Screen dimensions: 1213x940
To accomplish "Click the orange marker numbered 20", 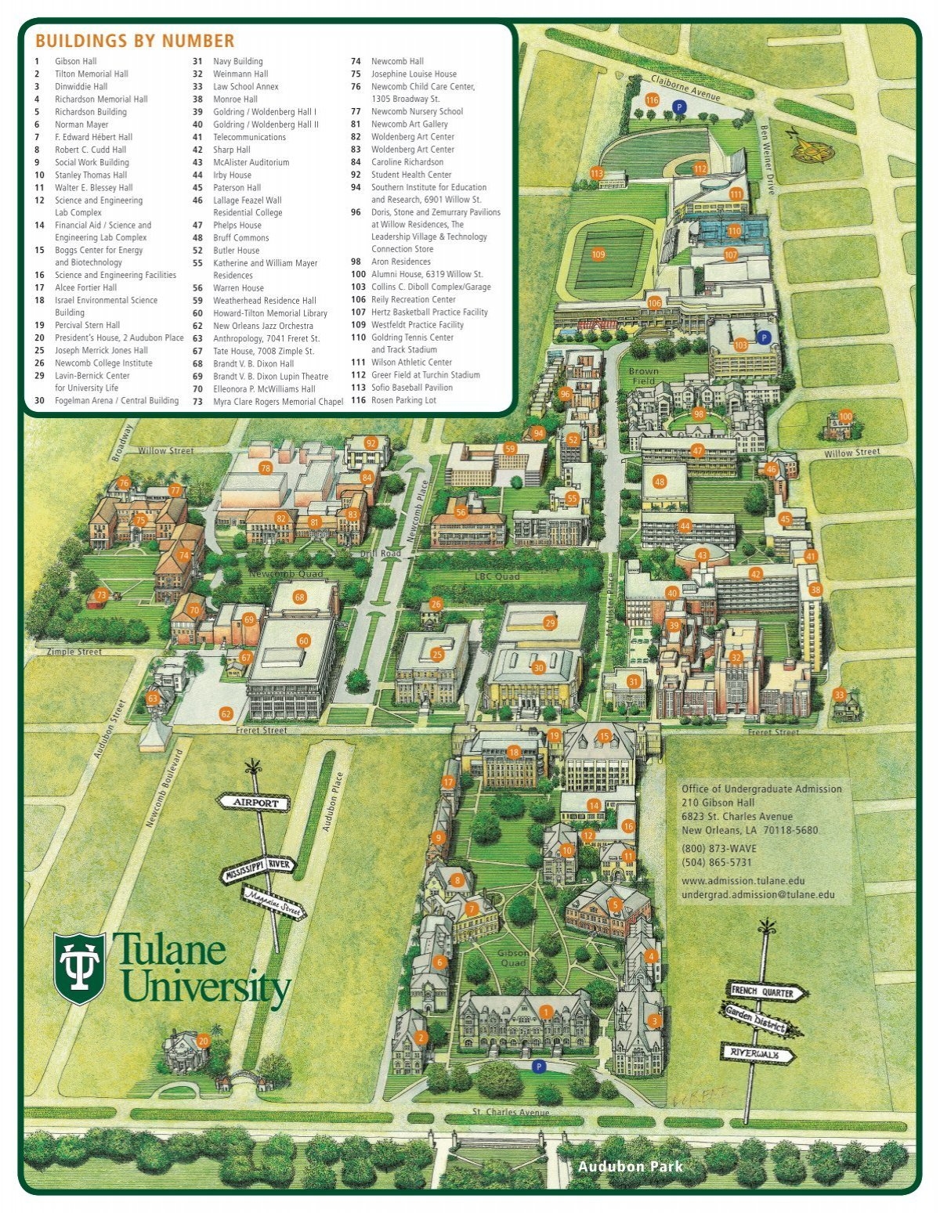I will point(204,1041).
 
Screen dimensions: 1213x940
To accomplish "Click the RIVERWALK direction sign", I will point(757,1053).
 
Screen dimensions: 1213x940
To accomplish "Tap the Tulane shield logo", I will point(79,968).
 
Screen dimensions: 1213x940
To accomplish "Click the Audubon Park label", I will point(630,1167).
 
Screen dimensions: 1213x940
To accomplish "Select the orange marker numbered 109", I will point(598,254).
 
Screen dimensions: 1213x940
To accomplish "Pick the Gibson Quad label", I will point(513,958).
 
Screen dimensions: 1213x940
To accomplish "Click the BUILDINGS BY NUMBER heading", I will point(135,42).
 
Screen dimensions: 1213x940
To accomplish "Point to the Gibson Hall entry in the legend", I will point(75,61).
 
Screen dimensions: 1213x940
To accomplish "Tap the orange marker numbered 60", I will point(304,641).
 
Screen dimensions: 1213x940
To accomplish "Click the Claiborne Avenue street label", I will point(685,88).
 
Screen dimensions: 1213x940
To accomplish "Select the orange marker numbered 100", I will point(844,417).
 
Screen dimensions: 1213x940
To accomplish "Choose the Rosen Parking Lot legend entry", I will point(403,400).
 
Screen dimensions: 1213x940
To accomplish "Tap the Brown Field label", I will point(643,376).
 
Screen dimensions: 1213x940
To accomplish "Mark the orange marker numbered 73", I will point(101,595).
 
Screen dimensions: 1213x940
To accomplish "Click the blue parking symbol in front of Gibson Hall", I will point(538,1066).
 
